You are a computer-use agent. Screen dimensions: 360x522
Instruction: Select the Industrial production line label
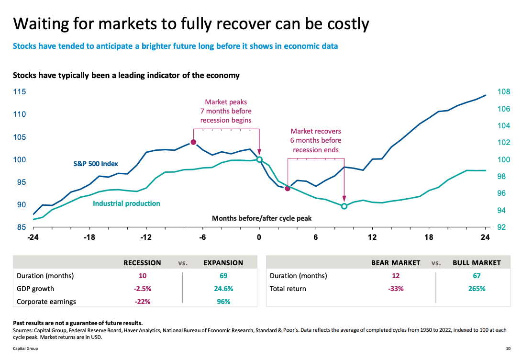coord(126,203)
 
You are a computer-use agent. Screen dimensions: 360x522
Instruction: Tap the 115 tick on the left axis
coord(20,92)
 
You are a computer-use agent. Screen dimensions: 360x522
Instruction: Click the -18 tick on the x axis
coord(89,237)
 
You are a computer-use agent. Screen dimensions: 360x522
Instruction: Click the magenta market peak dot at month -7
coord(193,142)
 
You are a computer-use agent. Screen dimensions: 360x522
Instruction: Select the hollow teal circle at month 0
coord(259,159)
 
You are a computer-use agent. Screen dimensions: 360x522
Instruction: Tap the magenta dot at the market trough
coord(288,189)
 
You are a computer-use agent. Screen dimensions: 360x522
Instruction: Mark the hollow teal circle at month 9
coord(344,206)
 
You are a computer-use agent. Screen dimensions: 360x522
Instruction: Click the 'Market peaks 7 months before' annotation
coord(226,111)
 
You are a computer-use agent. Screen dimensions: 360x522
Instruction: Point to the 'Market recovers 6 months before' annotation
coord(316,140)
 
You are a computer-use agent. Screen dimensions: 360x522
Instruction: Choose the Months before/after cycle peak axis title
coord(262,218)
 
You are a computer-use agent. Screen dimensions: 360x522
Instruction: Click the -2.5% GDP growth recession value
coord(143,289)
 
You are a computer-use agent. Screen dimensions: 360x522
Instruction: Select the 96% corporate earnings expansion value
coord(223,302)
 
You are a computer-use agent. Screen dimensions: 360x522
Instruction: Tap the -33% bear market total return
coord(396,289)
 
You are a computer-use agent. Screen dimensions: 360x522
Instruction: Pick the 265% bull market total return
coord(477,289)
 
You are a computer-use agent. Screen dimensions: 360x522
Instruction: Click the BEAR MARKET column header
coord(396,263)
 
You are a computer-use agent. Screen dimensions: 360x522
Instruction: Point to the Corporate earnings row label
coord(46,302)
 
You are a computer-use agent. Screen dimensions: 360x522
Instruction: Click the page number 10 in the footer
coord(508,349)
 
